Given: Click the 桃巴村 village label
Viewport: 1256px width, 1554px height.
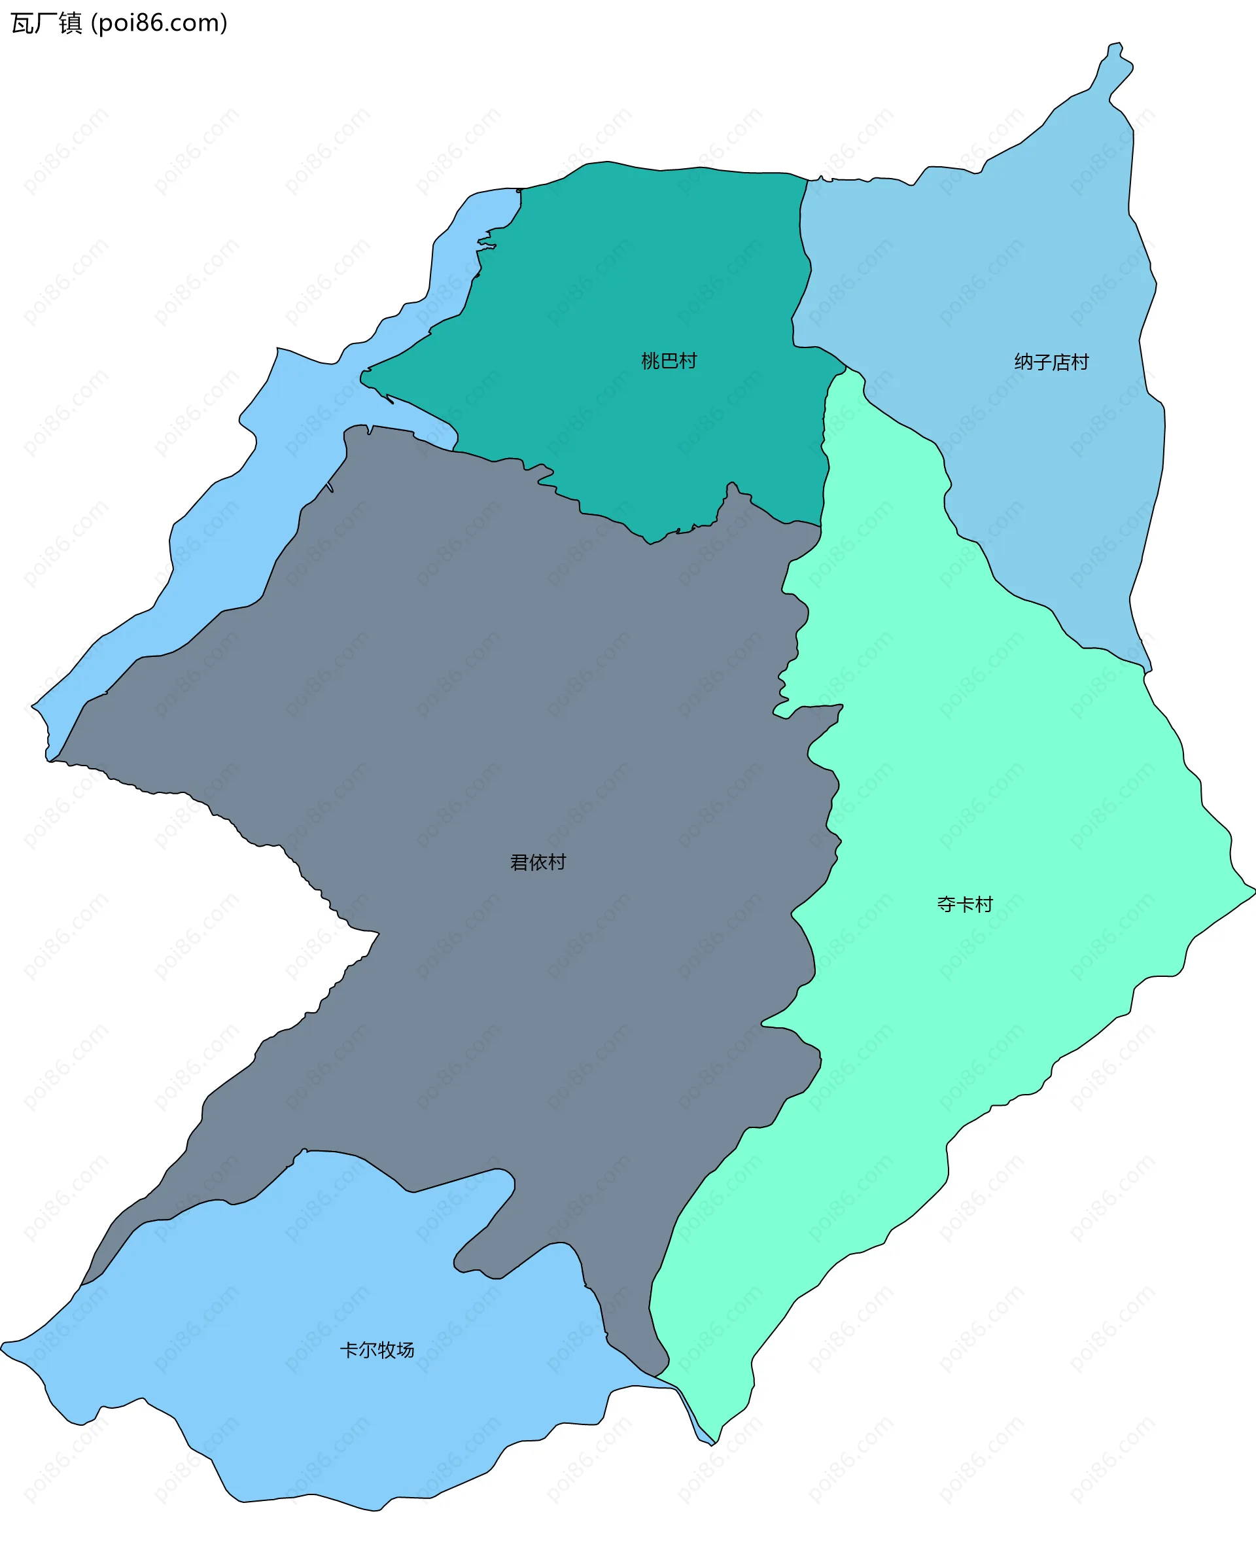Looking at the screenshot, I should click(x=669, y=361).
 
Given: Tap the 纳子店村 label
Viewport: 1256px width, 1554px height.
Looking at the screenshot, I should click(x=1051, y=362).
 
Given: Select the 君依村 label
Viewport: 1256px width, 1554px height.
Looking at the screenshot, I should click(x=538, y=862).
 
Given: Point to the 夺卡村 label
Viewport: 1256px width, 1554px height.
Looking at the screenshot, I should click(x=964, y=904).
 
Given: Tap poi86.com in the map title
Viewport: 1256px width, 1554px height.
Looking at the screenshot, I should click(x=159, y=23).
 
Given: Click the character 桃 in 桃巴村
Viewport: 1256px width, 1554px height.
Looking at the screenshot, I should click(x=650, y=361).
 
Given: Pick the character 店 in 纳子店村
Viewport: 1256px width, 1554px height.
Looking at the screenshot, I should click(x=1060, y=362).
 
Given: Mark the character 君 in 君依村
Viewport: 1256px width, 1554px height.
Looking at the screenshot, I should click(x=519, y=862).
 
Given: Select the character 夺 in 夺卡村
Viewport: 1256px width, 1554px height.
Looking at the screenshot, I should click(x=947, y=904).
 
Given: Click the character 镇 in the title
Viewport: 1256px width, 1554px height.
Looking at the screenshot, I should click(x=70, y=23).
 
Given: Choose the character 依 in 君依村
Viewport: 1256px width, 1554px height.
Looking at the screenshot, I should click(x=538, y=862).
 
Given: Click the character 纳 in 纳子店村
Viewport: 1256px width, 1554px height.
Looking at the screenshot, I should click(x=1024, y=362).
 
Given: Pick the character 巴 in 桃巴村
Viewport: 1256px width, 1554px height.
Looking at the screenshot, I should click(x=669, y=361).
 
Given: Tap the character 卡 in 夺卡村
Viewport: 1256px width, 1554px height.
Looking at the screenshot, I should click(x=965, y=904).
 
